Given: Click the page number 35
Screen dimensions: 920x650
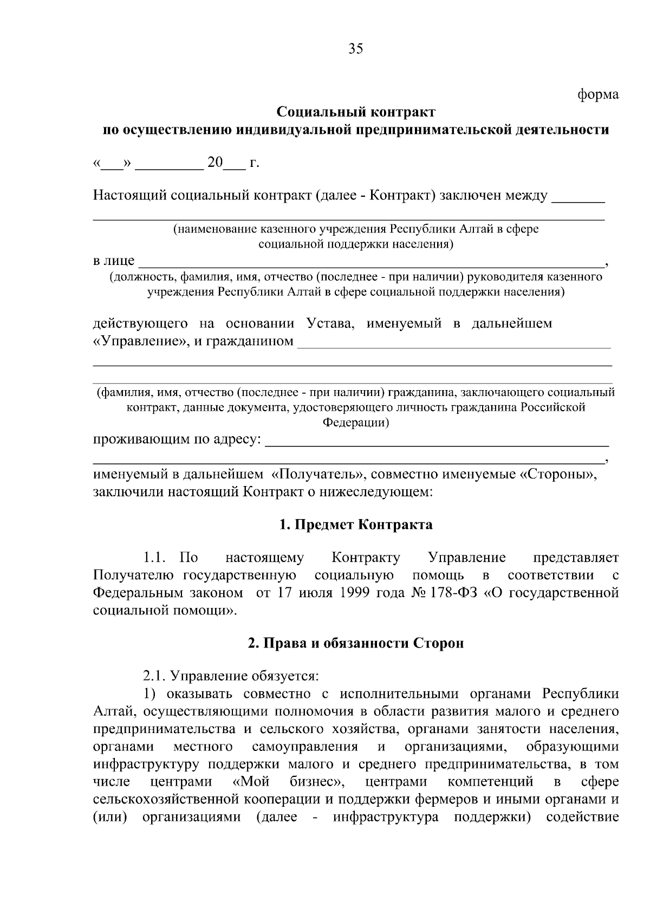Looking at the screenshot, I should [x=355, y=49].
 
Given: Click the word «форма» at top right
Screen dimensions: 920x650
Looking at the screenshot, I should [x=597, y=95].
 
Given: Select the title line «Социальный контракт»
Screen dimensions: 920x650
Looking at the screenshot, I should [x=356, y=112].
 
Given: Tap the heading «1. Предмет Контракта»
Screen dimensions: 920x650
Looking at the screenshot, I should [x=356, y=524].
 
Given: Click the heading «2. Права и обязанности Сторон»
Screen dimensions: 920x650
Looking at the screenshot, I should [x=356, y=644].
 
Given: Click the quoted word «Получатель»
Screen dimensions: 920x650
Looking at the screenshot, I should [x=317, y=475].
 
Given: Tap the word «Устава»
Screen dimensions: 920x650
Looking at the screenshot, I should [x=330, y=324].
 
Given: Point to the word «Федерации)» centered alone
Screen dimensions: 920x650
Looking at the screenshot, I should [x=356, y=423].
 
